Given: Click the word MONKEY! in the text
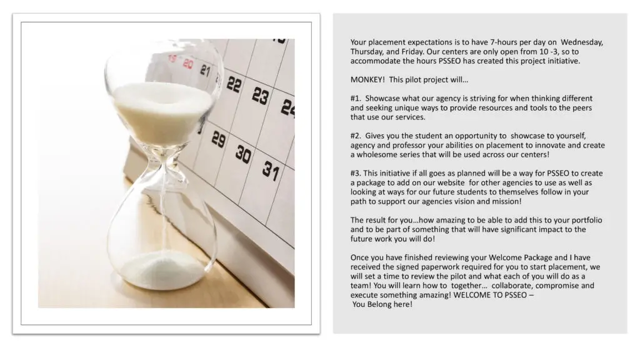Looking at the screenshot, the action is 367,79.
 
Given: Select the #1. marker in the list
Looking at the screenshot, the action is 356,98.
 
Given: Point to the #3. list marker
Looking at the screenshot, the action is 356,174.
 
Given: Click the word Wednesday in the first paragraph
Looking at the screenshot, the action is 582,42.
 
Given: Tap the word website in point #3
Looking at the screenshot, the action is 450,183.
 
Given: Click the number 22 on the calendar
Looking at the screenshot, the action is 234,84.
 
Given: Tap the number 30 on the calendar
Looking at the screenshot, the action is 243,154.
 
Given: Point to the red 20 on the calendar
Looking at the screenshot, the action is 187,64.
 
